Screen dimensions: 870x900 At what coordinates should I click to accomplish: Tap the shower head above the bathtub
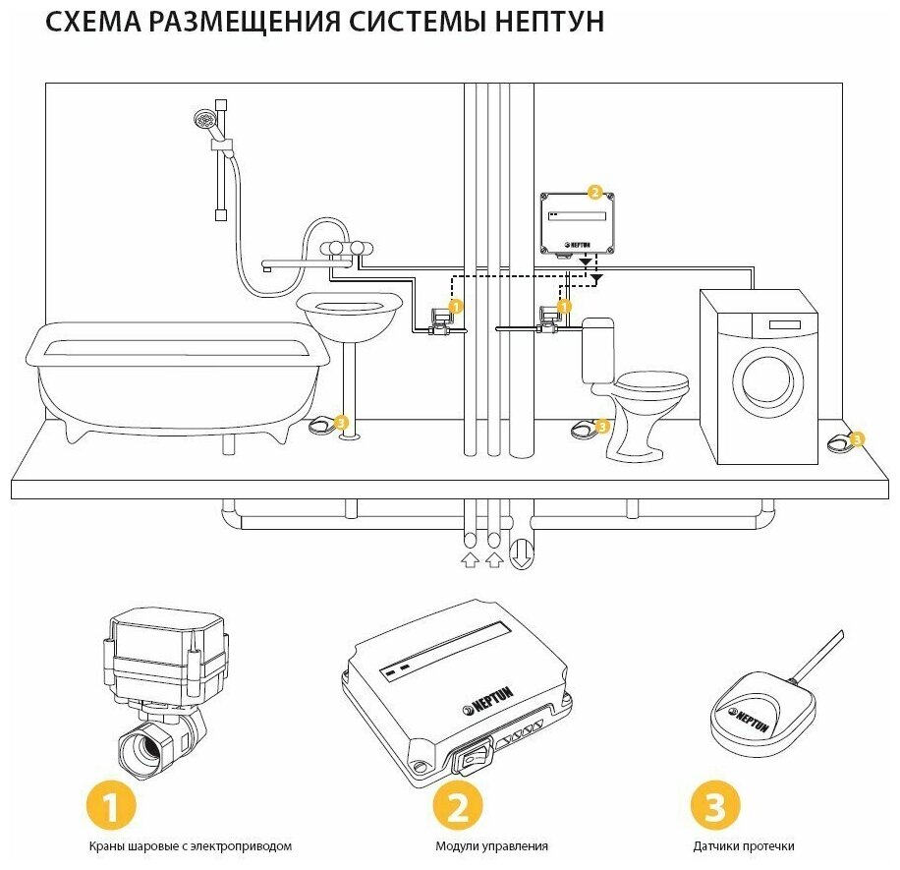(204, 122)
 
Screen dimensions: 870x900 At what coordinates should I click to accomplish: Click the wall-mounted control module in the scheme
(579, 223)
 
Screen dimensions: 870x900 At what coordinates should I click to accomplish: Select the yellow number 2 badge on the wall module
(593, 193)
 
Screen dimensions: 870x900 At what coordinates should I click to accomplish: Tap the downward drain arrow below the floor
(523, 553)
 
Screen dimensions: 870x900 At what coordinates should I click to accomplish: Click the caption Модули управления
(491, 845)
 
